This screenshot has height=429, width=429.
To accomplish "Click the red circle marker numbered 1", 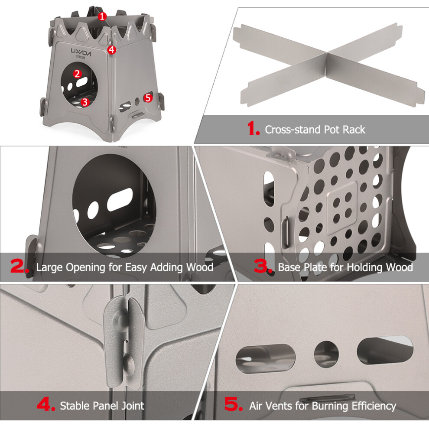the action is coord(102,17).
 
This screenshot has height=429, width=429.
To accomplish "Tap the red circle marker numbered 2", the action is coord(77,74).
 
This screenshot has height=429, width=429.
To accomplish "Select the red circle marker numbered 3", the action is coord(85,102).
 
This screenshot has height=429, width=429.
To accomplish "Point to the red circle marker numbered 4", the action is coord(112,50).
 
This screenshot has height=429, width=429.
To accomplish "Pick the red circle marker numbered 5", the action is coord(148,97).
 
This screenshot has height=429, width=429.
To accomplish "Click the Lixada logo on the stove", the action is coord(81,52).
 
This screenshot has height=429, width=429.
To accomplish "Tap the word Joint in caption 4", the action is coord(133,406).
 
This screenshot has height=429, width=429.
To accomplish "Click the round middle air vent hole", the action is coord(326,354).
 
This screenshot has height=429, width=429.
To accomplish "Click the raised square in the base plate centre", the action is coord(342,208).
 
